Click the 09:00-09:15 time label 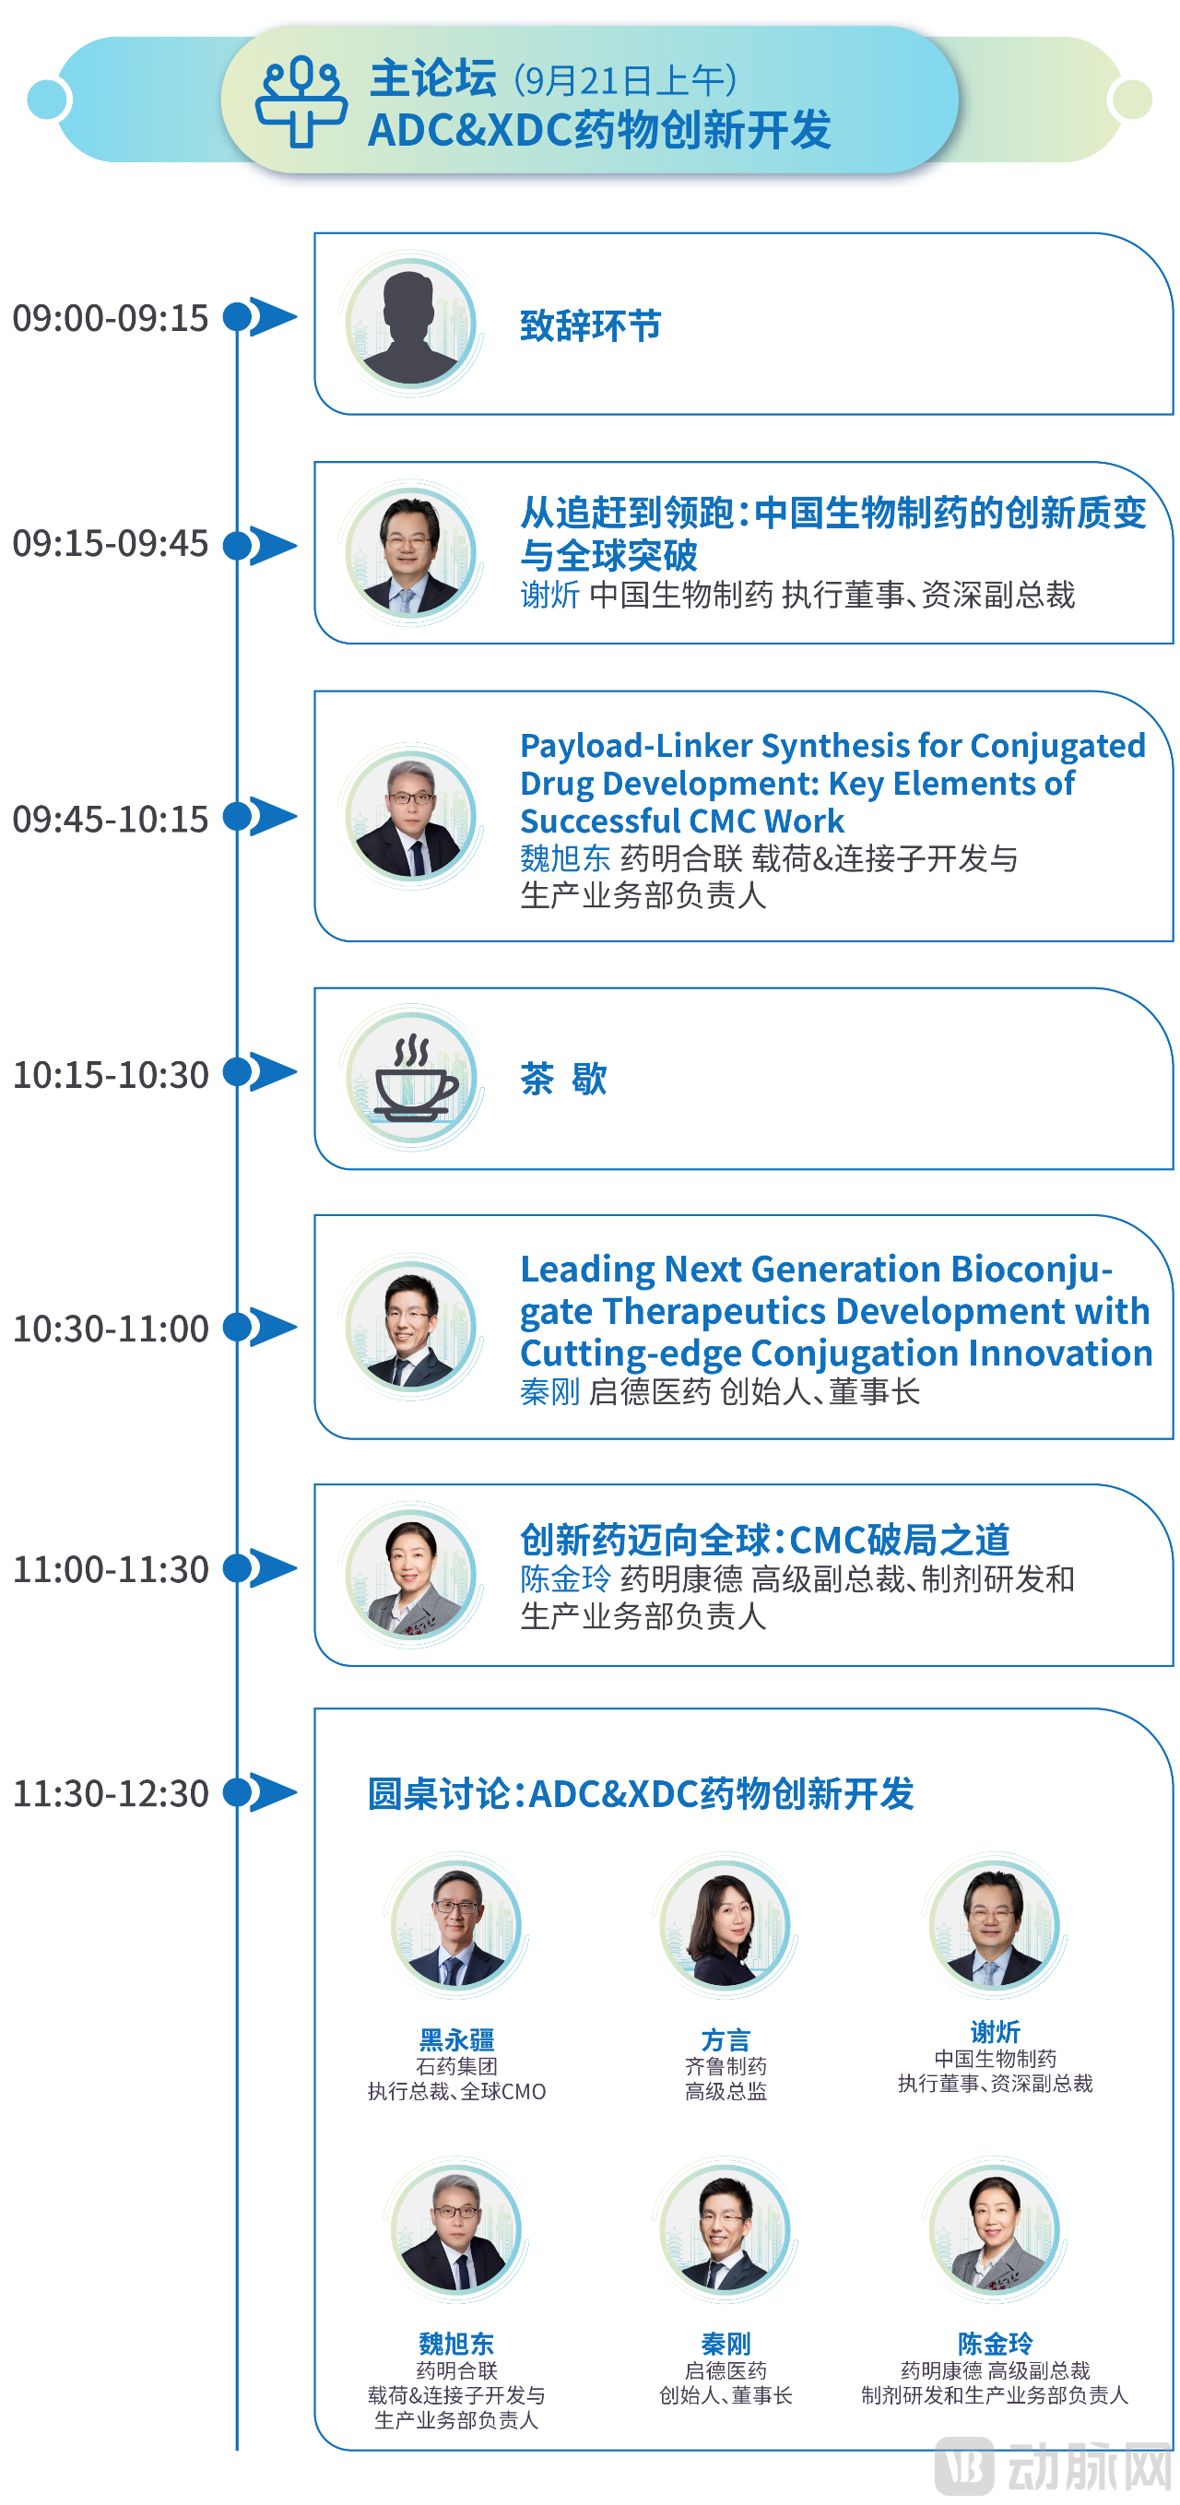[110, 317]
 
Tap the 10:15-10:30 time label [110, 1073]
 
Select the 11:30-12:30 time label [110, 1792]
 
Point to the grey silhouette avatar [411, 324]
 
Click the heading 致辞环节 [590, 325]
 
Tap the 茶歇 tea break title [564, 1079]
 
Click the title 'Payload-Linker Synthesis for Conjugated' [833, 745]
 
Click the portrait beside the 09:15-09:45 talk [411, 551]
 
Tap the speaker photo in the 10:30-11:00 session [411, 1326]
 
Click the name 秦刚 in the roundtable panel [726, 2344]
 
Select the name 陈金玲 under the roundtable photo [995, 2344]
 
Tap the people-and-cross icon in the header [301, 101]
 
